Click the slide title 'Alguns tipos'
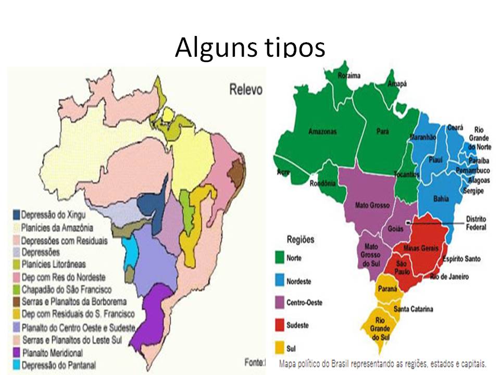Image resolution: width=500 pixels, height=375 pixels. click(249, 48)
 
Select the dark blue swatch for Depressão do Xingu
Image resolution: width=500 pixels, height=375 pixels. click(16, 215)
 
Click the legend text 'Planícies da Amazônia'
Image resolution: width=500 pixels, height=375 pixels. click(57, 228)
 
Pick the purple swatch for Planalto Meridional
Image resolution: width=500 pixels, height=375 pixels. click(16, 353)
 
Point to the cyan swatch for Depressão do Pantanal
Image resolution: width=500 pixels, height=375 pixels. click(16, 365)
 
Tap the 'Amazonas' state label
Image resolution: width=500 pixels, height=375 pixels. click(322, 131)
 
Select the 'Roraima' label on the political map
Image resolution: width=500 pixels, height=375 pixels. click(349, 76)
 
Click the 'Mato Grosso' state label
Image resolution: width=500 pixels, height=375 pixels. click(372, 205)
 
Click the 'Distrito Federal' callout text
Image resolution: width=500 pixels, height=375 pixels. click(476, 223)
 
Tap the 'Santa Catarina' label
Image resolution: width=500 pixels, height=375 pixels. click(413, 309)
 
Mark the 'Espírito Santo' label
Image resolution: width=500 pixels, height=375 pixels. click(461, 259)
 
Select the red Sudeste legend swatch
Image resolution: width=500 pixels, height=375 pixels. click(280, 325)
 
